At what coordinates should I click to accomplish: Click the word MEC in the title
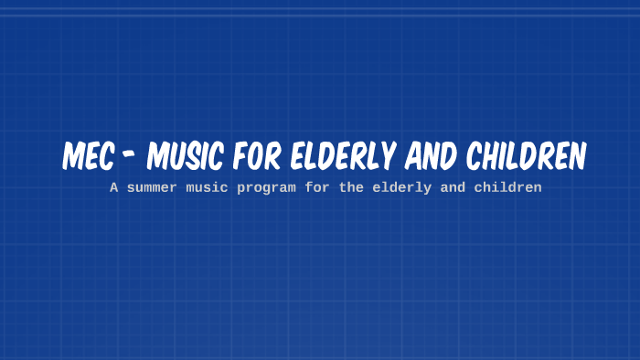click(x=88, y=157)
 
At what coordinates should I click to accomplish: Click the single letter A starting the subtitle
click(x=113, y=187)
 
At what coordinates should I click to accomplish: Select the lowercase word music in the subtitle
click(x=206, y=187)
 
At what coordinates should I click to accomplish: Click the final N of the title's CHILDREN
click(x=575, y=157)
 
